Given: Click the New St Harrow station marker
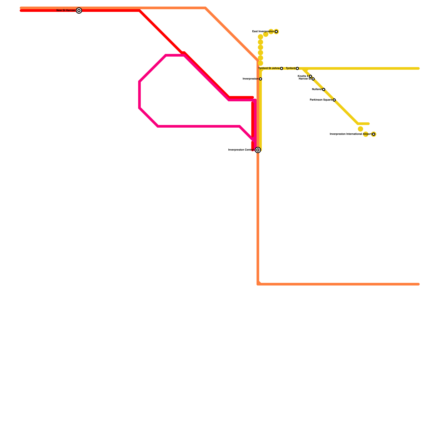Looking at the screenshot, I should tap(79, 11).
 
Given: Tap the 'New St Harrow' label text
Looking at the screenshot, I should tap(66, 11).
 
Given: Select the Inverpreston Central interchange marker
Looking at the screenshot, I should tap(258, 150).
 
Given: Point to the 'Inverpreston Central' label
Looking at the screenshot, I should tap(241, 150).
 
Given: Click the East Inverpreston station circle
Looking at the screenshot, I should tap(276, 32).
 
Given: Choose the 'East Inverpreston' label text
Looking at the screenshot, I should tap(263, 32).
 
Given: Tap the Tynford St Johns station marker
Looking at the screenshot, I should tap(282, 68).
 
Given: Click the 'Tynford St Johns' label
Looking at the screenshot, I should tap(269, 68).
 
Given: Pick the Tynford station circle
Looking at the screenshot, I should tap(297, 68).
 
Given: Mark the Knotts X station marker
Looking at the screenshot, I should tap(310, 76).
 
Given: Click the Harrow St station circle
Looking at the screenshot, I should tap(313, 79).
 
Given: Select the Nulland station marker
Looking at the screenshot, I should tap(324, 89).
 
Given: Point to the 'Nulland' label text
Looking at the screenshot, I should tap(317, 89).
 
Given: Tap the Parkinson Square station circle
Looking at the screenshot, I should tap(334, 100).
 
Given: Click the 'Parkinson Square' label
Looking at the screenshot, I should tap(321, 100).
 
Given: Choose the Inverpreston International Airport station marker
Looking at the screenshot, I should tap(374, 134).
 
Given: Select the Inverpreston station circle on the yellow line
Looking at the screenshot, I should tap(260, 79).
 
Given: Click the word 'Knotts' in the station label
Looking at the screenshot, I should tap(302, 76).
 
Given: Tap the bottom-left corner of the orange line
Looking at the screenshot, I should tap(258, 284).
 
